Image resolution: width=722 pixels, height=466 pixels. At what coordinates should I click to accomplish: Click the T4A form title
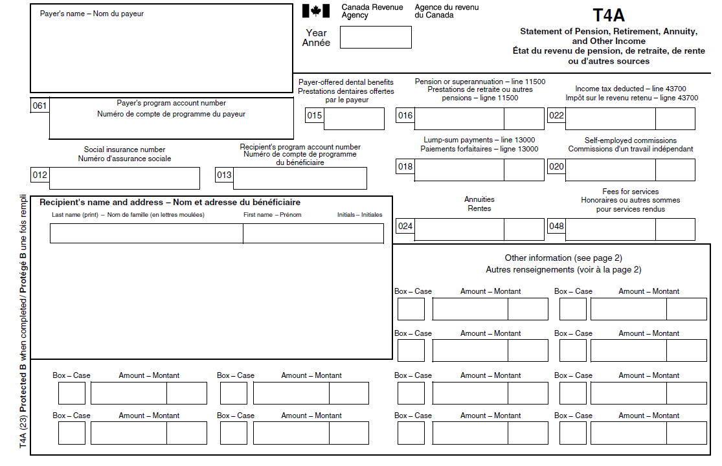[x=609, y=16]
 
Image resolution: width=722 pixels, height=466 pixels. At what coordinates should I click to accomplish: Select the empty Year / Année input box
[x=376, y=37]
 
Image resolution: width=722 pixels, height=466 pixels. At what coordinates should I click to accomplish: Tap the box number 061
[x=39, y=105]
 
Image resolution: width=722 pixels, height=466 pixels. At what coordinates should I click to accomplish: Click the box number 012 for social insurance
[x=39, y=175]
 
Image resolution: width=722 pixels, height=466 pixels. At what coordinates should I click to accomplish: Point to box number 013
[x=224, y=175]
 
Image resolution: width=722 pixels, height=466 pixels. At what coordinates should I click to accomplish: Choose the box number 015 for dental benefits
[x=314, y=116]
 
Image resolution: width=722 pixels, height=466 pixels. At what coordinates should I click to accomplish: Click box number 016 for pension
[x=405, y=116]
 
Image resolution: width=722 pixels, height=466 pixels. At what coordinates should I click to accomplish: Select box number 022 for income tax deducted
[x=556, y=116]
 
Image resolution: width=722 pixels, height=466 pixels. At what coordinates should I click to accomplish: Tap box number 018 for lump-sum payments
[x=405, y=167]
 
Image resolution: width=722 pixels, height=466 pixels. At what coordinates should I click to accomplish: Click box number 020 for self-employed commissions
[x=556, y=167]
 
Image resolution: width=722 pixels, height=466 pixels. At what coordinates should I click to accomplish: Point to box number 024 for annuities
[x=405, y=226]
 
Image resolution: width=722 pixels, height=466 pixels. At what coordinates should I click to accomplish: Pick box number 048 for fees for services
[x=556, y=226]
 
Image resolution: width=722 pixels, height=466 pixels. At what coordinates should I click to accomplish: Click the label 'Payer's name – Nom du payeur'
[x=92, y=14]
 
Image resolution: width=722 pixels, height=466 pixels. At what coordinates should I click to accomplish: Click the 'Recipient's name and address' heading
[x=170, y=203]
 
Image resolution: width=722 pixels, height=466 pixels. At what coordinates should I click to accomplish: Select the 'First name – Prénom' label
[x=272, y=215]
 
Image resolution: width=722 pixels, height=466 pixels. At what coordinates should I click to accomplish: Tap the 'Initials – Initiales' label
[x=359, y=215]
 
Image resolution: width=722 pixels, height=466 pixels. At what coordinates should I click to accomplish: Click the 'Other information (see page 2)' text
[x=563, y=258]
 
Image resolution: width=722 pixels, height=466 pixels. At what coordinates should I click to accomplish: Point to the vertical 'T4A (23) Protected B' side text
[x=23, y=320]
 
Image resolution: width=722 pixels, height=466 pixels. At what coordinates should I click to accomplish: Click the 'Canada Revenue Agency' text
[x=372, y=11]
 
